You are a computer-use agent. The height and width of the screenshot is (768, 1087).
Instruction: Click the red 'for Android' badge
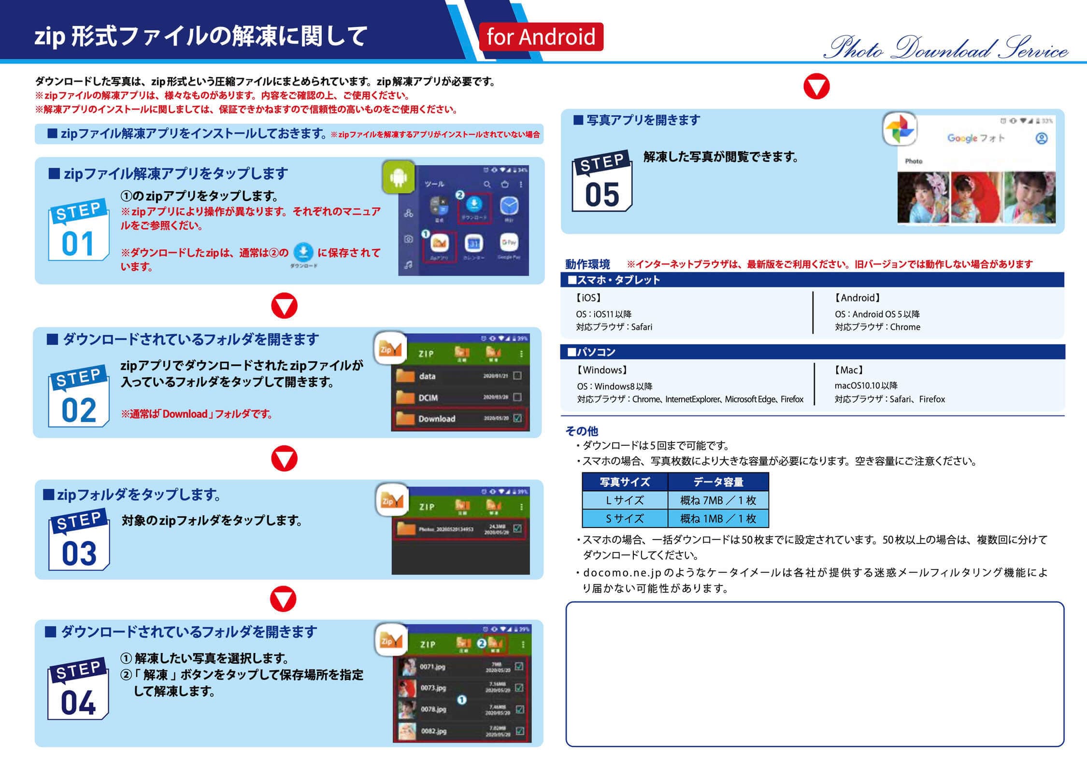click(541, 37)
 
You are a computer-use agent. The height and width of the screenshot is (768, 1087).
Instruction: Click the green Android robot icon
click(398, 177)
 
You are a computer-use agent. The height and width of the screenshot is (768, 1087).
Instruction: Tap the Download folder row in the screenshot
click(460, 418)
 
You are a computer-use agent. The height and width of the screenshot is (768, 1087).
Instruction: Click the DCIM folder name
click(428, 398)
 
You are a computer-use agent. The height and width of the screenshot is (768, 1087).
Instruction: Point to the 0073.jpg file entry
click(433, 687)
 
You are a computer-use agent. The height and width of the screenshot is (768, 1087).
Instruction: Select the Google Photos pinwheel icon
click(900, 129)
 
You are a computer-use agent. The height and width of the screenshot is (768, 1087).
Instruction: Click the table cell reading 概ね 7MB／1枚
click(718, 500)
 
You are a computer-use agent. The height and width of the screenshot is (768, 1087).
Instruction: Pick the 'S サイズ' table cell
click(625, 518)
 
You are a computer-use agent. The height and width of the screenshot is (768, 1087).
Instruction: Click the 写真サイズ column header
click(625, 482)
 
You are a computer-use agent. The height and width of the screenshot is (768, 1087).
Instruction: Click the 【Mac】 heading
click(848, 370)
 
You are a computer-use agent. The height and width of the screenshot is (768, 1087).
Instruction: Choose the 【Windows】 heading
click(602, 370)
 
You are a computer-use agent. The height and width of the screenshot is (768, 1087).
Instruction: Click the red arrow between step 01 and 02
click(284, 305)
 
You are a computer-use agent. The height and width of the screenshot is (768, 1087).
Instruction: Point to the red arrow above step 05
click(816, 87)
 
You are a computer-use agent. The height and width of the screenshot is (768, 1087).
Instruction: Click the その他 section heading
click(581, 430)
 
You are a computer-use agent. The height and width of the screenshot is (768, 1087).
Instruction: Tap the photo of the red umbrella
click(976, 198)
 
